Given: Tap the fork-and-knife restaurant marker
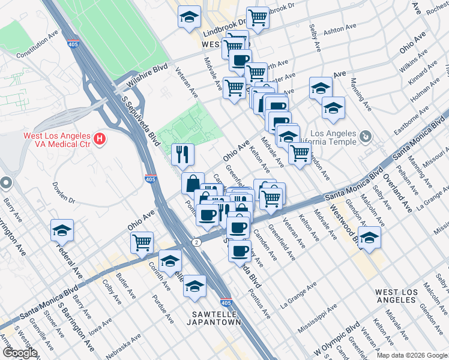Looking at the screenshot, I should coord(182,154).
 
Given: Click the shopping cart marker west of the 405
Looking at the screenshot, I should coord(142,242).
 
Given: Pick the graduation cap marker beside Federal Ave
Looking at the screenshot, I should coord(62,230).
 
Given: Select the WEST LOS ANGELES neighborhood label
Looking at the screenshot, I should coord(403,296).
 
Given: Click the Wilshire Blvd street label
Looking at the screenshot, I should coord(146,75).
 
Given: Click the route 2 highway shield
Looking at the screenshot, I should coord(196,242).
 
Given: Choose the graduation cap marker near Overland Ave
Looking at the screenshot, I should coord(369,237).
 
